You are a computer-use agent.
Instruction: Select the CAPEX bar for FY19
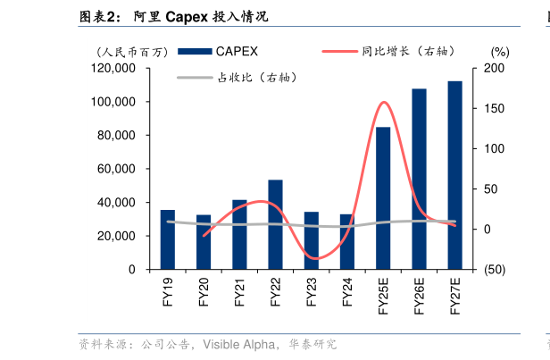[x=167, y=239]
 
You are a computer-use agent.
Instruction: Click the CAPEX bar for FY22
[x=275, y=224]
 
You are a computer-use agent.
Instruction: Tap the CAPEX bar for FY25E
[x=383, y=197]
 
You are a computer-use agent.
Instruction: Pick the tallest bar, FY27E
[x=454, y=175]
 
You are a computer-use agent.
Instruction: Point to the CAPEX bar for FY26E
[x=419, y=179]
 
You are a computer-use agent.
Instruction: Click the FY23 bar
[x=311, y=240]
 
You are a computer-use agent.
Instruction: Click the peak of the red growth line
[x=384, y=102]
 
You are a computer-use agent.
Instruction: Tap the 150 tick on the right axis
[x=493, y=108]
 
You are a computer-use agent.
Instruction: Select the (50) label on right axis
[x=493, y=270]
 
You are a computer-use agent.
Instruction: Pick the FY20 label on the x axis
[x=204, y=294]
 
